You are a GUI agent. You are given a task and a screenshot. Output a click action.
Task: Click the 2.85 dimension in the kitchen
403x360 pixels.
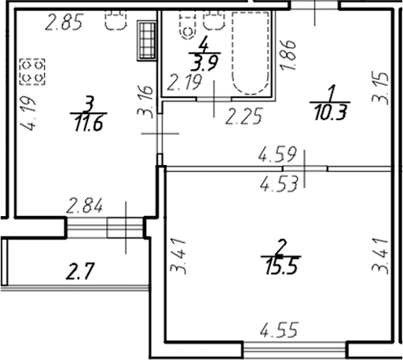click(64, 24)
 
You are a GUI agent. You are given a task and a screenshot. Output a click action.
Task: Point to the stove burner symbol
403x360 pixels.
click(32, 72)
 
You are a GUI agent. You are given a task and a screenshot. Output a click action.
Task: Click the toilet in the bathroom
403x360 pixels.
click(187, 28)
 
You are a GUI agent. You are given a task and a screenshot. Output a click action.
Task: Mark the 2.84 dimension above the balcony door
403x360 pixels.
click(86, 208)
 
